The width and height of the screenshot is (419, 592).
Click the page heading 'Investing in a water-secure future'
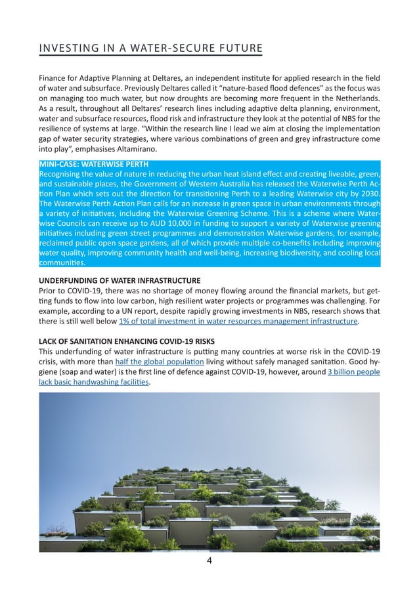(151, 49)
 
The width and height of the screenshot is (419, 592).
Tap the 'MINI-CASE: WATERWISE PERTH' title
(94, 163)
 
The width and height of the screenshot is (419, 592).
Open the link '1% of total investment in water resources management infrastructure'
(238, 322)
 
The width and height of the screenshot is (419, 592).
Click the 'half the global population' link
(160, 362)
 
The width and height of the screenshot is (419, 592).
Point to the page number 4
(209, 561)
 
